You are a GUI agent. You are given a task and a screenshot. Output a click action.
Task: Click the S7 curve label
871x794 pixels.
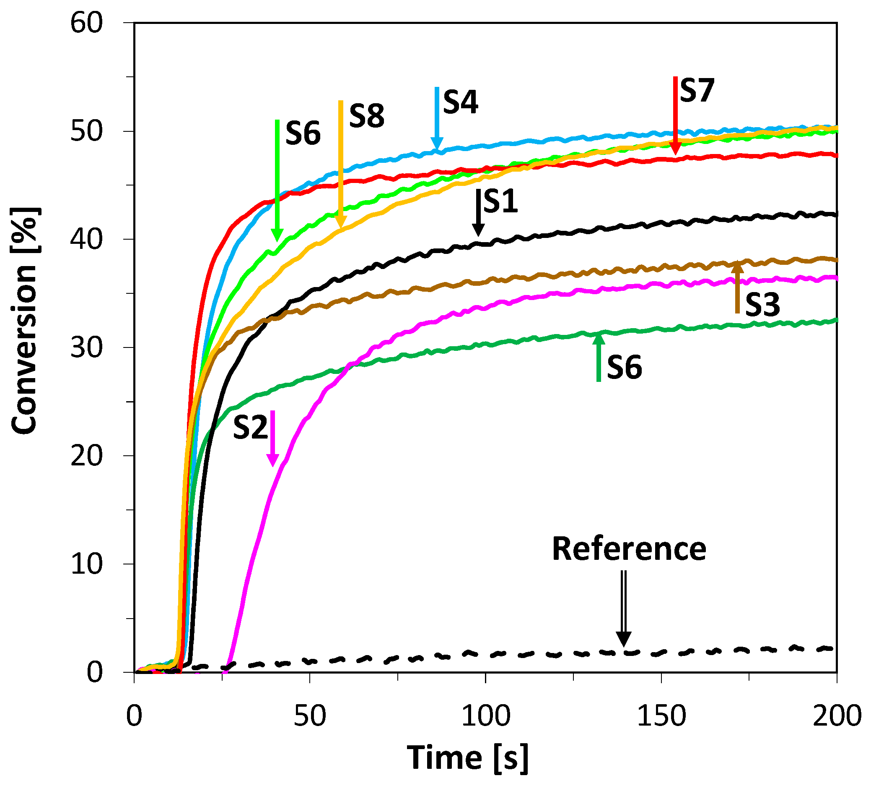pos(697,91)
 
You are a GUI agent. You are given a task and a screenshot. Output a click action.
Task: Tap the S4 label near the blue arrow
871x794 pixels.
pos(461,102)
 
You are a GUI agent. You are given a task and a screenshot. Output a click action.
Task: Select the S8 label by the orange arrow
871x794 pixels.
pos(367,116)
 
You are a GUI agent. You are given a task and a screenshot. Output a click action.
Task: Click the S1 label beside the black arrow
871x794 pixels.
pos(500,201)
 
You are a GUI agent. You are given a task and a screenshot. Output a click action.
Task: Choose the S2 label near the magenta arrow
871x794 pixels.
pos(251,428)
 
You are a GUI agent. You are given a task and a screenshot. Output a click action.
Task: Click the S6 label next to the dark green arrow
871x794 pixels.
pos(624,367)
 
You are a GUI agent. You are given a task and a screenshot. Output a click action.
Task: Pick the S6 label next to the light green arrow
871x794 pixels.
pos(303,133)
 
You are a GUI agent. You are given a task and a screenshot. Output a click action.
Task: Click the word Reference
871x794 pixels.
pos(629,549)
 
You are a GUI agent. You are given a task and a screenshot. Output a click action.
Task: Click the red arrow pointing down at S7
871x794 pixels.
pos(676,116)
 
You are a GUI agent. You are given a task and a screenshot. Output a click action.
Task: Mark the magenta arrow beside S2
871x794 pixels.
pos(272,438)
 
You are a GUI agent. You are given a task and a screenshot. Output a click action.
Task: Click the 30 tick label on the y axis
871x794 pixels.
pos(86,347)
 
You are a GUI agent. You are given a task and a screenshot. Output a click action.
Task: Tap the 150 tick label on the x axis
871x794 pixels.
pos(661,716)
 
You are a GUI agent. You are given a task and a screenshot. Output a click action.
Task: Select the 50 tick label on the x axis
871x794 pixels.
pos(310,716)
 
